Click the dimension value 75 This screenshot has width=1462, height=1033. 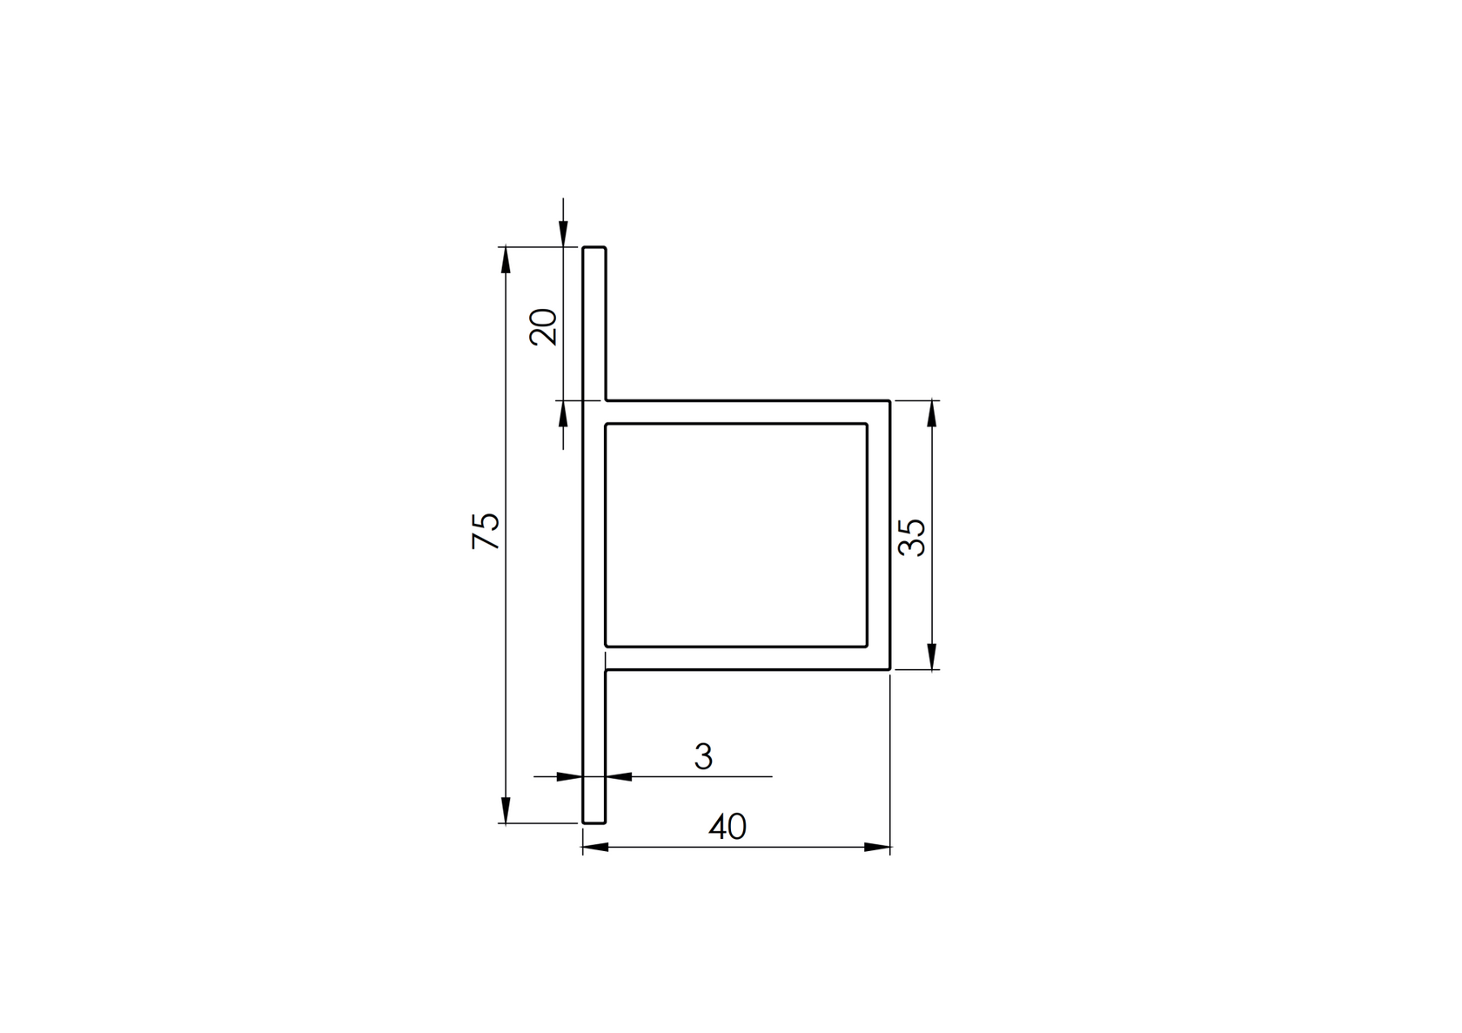click(x=486, y=531)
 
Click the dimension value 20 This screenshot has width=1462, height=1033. click(x=544, y=327)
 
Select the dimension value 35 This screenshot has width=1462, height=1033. click(x=912, y=537)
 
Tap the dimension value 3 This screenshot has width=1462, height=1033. click(x=703, y=756)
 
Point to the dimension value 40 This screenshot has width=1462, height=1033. click(x=728, y=827)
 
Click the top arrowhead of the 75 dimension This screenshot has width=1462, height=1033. click(x=505, y=258)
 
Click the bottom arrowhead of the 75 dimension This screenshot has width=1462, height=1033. click(x=505, y=811)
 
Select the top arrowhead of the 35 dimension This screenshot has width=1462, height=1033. click(x=932, y=413)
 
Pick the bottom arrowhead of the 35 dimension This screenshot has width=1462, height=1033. click(x=932, y=657)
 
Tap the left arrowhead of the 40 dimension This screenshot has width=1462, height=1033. click(x=595, y=847)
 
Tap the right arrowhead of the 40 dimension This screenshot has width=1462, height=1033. click(x=877, y=847)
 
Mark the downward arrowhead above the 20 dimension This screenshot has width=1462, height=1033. click(x=563, y=234)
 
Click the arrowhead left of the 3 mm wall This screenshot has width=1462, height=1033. click(x=570, y=776)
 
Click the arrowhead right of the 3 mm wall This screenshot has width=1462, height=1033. click(x=618, y=776)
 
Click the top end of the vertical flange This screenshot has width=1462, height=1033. click(x=594, y=248)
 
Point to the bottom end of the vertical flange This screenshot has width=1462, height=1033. click(x=594, y=822)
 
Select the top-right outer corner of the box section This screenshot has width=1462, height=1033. click(x=889, y=401)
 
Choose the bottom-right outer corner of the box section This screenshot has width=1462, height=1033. click(x=889, y=669)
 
